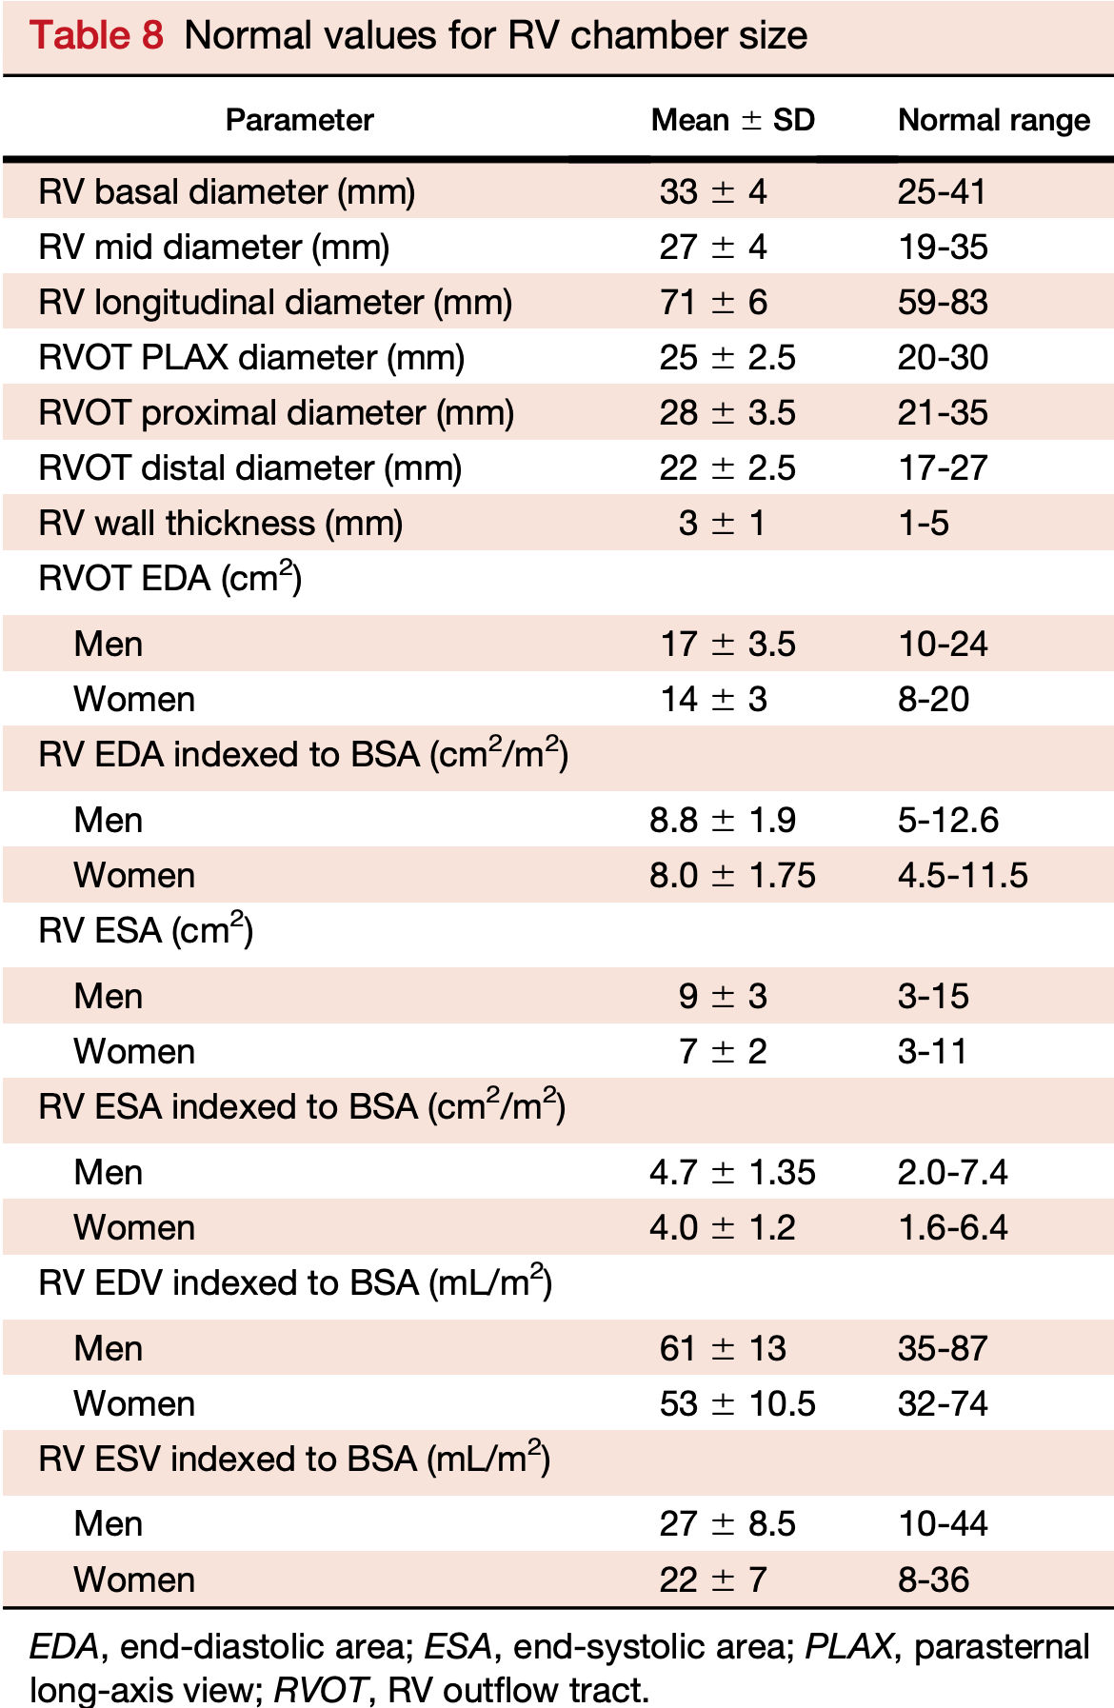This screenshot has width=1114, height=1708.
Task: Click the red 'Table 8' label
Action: [x=96, y=36]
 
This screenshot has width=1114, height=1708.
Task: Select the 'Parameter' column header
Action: [x=299, y=120]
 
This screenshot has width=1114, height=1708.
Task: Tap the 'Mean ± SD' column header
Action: [x=732, y=120]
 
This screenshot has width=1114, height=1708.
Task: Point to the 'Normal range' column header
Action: [x=993, y=120]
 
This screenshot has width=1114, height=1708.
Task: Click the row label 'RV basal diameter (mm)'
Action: [x=227, y=192]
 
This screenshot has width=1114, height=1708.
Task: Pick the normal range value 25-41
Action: [x=942, y=192]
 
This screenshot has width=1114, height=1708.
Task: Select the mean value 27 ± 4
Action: [x=712, y=248]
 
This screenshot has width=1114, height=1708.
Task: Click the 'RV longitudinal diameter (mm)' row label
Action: [x=275, y=303]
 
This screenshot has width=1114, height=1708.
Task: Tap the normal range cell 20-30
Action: [x=943, y=358]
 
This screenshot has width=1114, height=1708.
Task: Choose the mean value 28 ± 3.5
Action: [x=727, y=413]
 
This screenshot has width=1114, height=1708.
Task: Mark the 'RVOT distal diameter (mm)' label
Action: [x=249, y=468]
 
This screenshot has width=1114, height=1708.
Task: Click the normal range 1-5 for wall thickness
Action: [x=923, y=524]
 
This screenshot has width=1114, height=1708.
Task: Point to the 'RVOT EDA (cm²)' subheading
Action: [x=169, y=578]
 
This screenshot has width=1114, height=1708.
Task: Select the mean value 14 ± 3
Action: [x=713, y=700]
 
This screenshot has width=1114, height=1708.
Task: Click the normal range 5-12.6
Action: [x=948, y=821]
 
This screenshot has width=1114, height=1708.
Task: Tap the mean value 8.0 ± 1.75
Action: [x=732, y=876]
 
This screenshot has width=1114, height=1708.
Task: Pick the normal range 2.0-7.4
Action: [x=952, y=1173]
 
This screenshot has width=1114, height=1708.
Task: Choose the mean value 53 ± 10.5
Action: [x=737, y=1404]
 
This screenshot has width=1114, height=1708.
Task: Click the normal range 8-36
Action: [x=933, y=1580]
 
